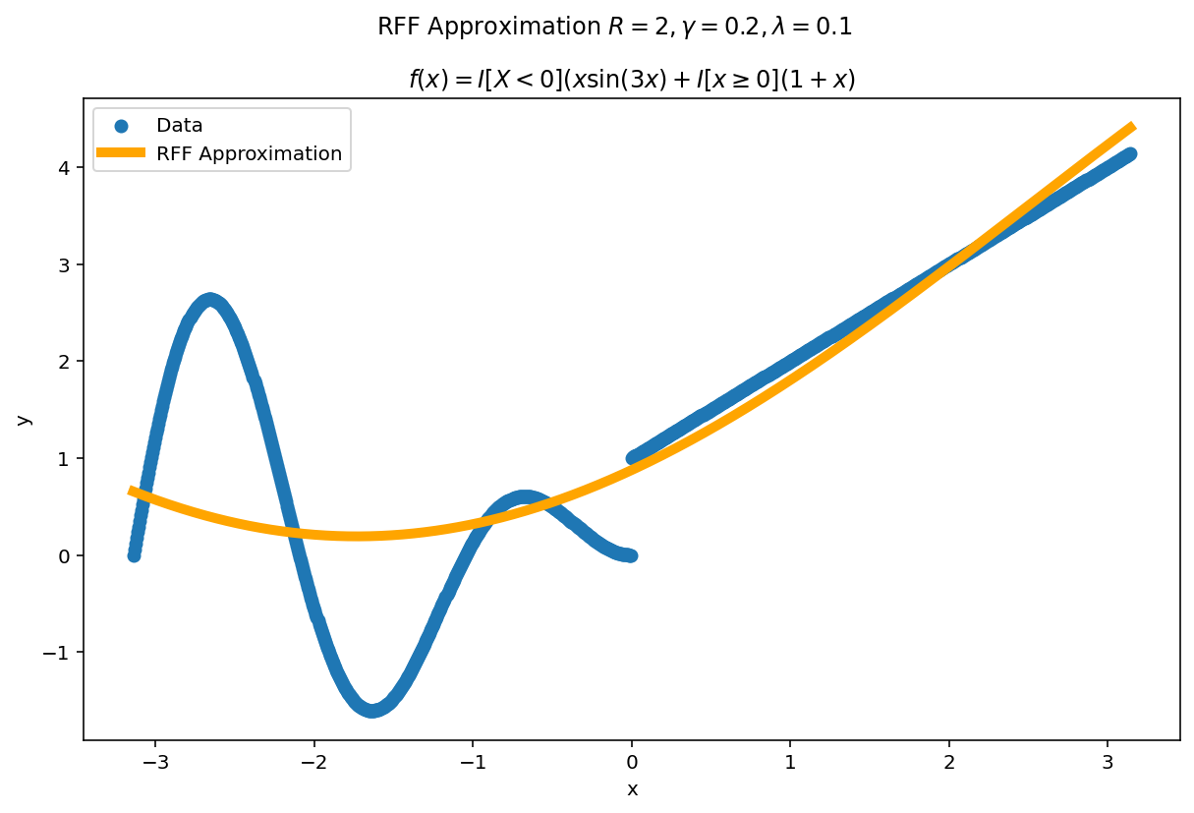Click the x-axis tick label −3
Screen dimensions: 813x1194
[155, 762]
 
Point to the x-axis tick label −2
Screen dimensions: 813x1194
[313, 762]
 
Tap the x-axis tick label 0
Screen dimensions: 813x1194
[632, 762]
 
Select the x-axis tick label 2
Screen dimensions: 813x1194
[948, 762]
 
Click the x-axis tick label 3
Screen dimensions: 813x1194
[1108, 762]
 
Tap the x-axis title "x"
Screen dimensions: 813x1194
[632, 789]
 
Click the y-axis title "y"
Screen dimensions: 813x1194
[24, 419]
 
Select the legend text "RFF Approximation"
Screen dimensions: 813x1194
[249, 153]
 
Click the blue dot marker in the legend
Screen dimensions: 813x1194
[121, 126]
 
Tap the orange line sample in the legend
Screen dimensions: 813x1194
[121, 153]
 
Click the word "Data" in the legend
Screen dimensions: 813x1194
[180, 126]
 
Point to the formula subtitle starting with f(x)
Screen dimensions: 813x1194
[632, 80]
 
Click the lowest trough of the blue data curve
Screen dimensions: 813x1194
[372, 709]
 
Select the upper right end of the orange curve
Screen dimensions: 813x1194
[1133, 126]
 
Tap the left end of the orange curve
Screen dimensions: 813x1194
[132, 490]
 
